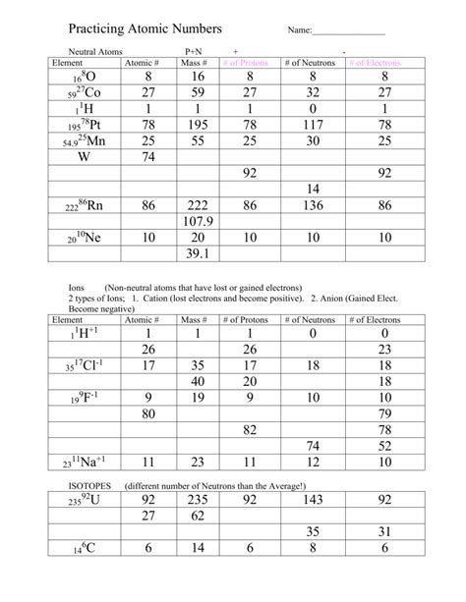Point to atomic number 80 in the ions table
(x=148, y=413)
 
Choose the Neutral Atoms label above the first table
(x=92, y=49)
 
